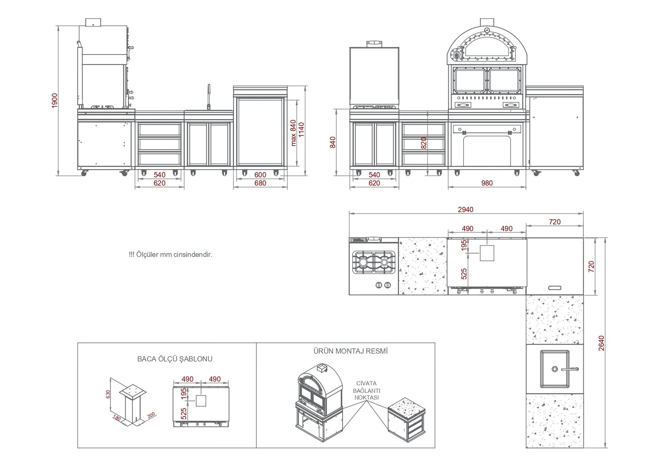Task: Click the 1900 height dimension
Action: coord(55,100)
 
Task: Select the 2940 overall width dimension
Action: coord(465,209)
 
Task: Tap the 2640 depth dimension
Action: coord(601,343)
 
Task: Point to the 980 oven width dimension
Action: coord(487,183)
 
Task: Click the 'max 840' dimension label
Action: coord(293,133)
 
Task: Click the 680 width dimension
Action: coord(260,183)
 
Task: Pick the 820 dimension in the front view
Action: coord(423,143)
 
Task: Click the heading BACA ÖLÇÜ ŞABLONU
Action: coord(175,359)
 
